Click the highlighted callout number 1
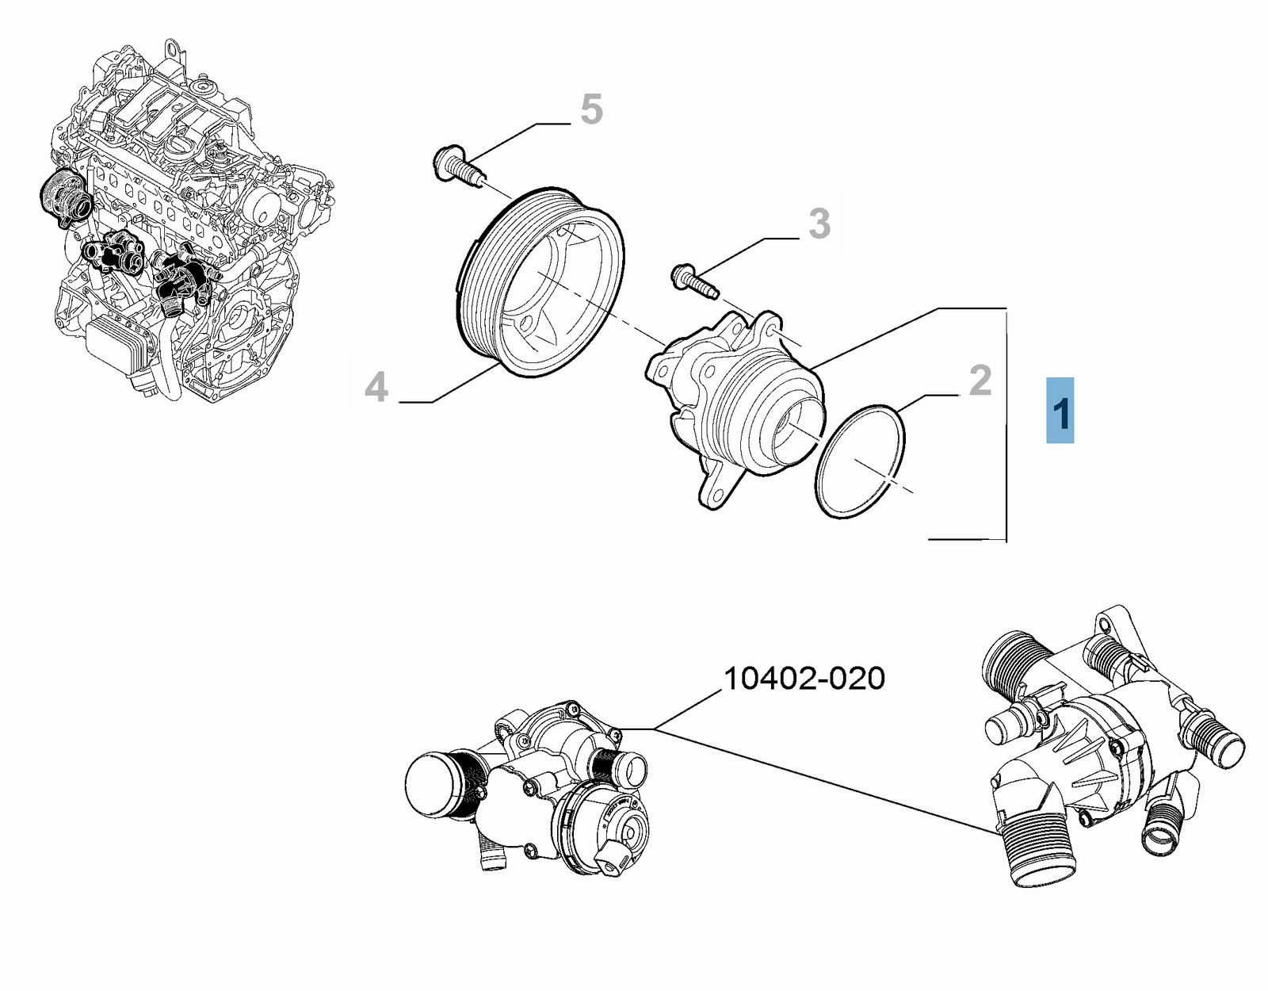point(1060,411)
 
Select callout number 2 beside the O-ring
point(980,381)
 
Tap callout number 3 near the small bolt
point(819,224)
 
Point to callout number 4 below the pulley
point(376,387)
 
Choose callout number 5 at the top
point(591,109)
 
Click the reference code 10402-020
point(804,679)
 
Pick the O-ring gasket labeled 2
point(860,461)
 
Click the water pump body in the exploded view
point(737,396)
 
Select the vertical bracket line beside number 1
point(1006,424)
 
